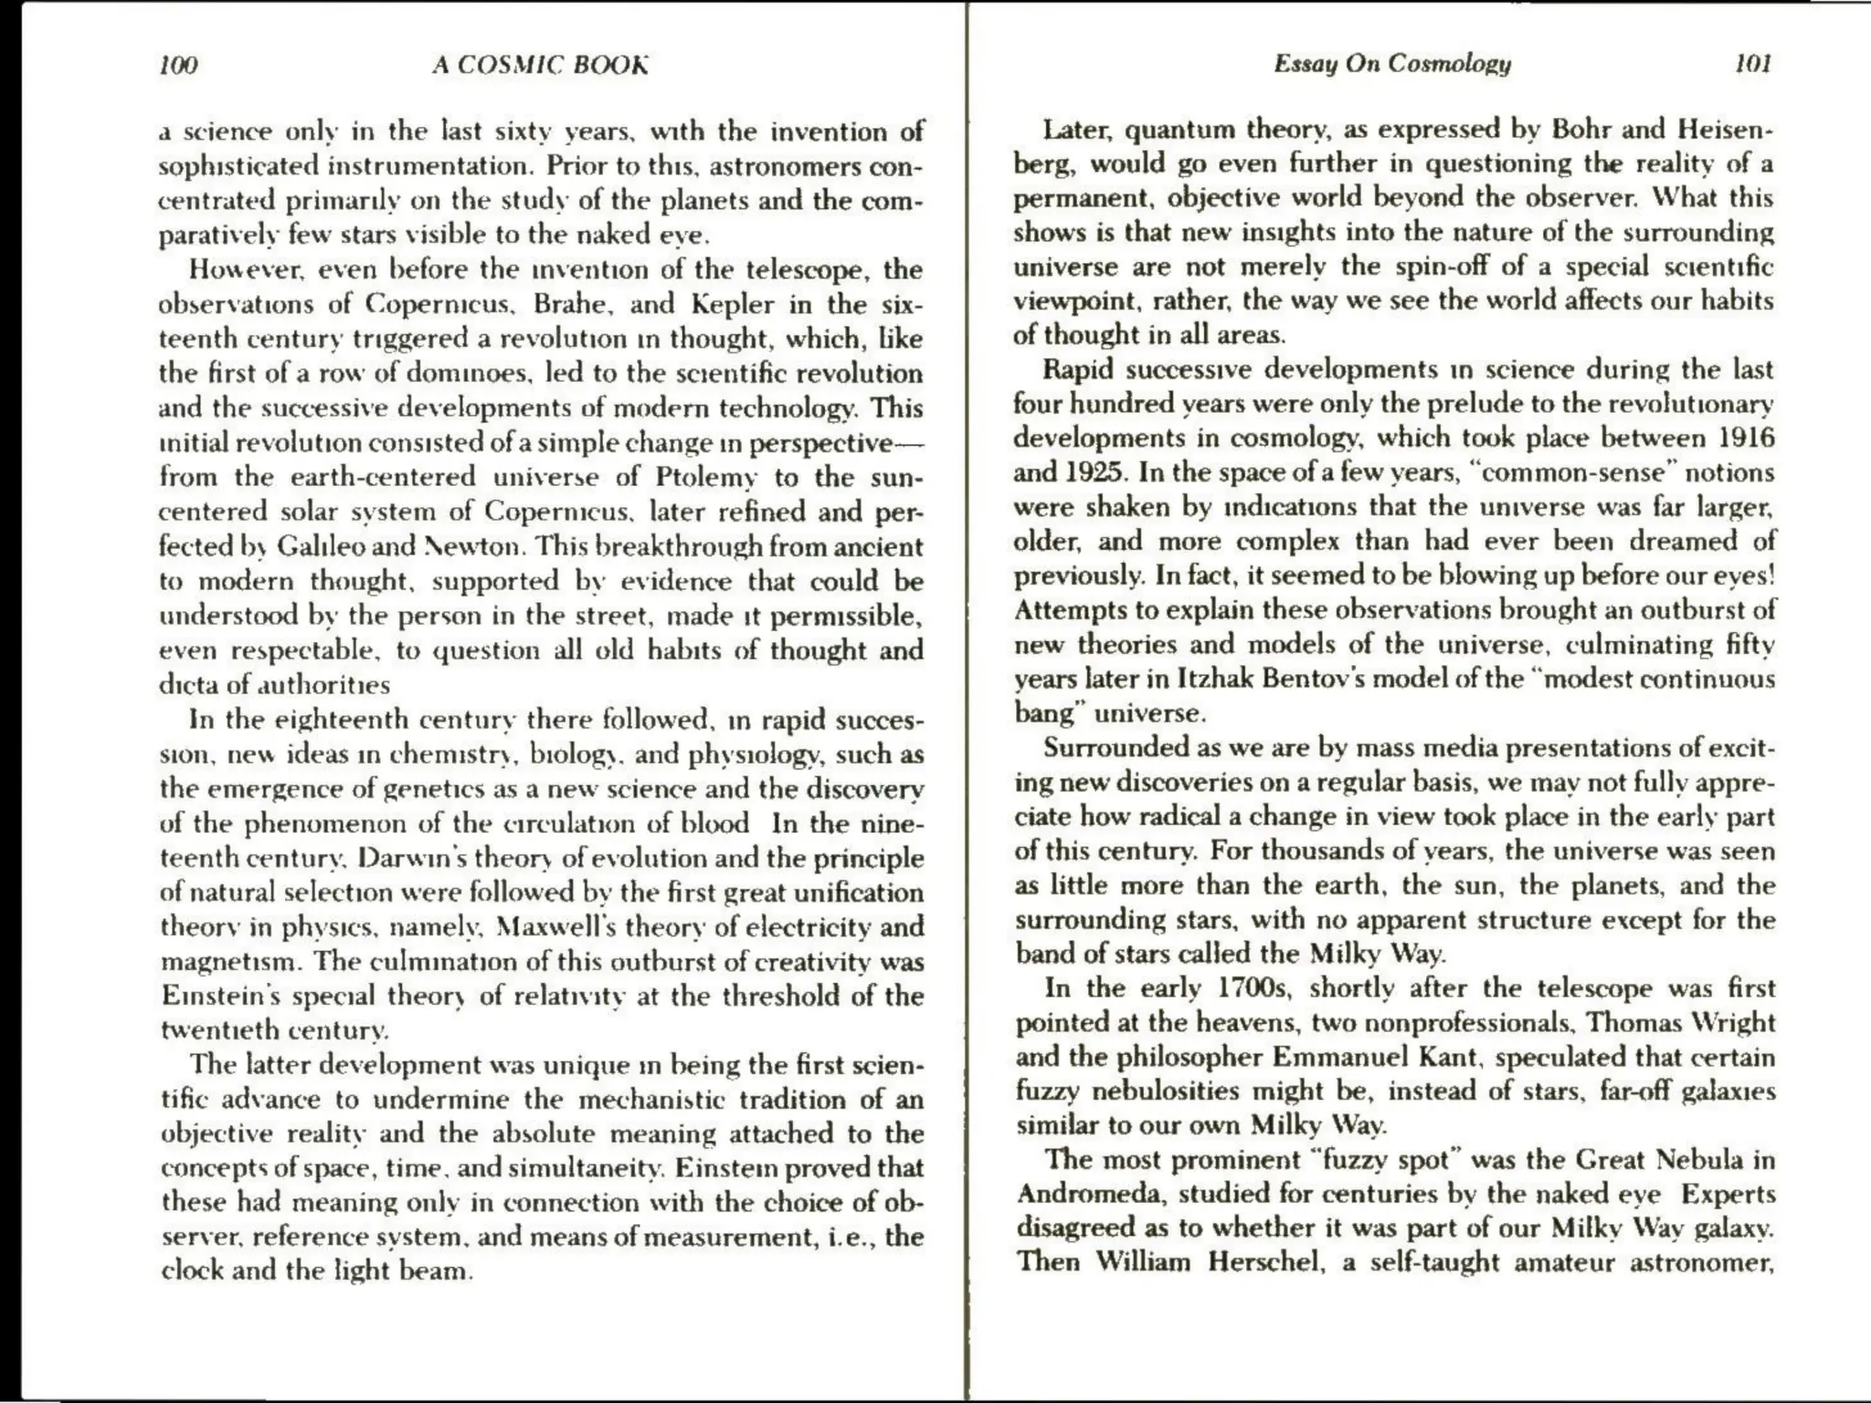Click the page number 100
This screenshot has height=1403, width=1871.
tap(178, 65)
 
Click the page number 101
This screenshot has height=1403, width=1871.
tap(1752, 63)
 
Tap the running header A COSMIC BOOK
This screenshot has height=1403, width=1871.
tap(540, 65)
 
